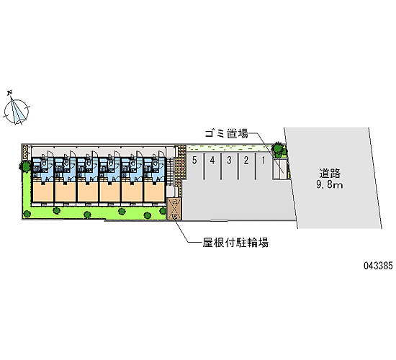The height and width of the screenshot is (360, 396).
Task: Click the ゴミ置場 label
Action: (227, 134)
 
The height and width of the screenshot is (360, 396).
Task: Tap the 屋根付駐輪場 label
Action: (235, 243)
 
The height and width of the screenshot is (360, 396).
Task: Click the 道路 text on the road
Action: (330, 174)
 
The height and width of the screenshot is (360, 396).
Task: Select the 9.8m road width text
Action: (330, 184)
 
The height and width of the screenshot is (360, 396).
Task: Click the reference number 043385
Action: (378, 266)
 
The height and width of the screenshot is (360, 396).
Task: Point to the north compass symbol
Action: (17, 110)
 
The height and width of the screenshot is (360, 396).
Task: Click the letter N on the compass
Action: (10, 92)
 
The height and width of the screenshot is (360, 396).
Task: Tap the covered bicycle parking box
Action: (174, 209)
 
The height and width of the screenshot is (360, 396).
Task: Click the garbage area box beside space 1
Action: (280, 169)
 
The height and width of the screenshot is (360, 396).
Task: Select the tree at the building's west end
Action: (24, 166)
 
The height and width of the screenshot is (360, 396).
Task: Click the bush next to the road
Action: (279, 149)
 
